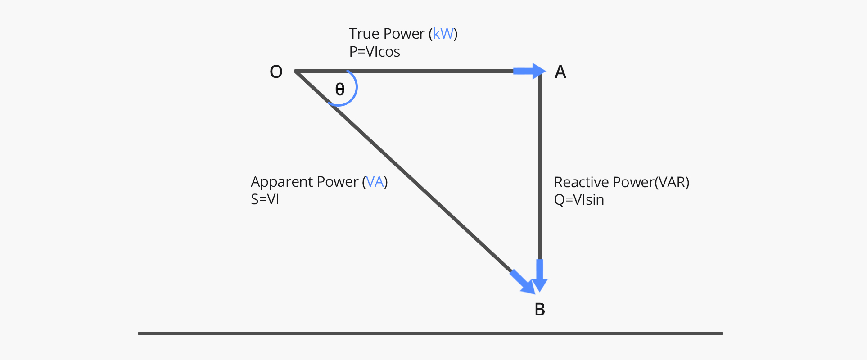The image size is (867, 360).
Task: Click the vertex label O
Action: click(276, 72)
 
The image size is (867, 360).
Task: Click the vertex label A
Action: click(560, 72)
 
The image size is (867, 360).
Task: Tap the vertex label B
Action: click(539, 310)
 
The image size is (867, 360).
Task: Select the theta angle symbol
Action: click(340, 89)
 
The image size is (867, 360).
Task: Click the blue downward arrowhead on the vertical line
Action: click(539, 279)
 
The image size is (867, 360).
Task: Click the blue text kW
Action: click(443, 34)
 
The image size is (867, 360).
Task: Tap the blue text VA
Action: click(375, 182)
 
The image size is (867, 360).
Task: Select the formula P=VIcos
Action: click(375, 52)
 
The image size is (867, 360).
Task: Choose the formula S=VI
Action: click(265, 199)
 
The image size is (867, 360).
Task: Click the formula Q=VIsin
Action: click(579, 200)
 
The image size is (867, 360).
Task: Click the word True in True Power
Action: click(364, 34)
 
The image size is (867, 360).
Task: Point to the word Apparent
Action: click(282, 182)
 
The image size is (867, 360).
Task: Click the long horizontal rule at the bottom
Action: click(430, 333)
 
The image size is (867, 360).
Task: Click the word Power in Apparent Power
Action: click(338, 182)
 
